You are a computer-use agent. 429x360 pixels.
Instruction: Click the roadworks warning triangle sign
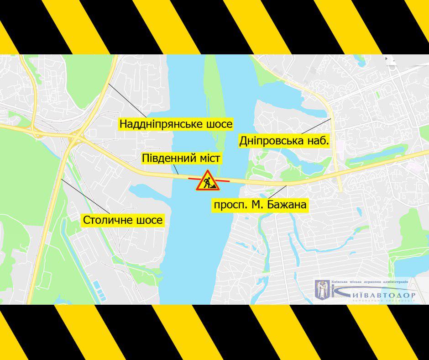tap(208, 180)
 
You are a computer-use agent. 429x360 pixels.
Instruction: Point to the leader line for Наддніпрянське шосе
tap(128, 100)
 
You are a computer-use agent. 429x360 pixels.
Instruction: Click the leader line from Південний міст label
tap(175, 170)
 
